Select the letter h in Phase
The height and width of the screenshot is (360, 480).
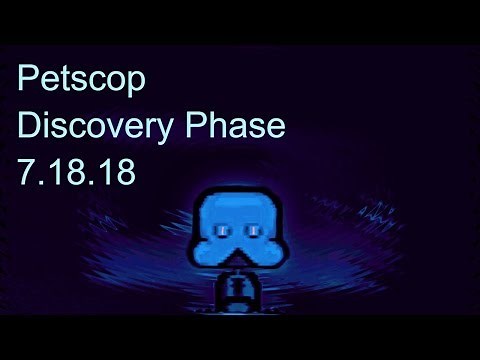pos(215,126)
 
